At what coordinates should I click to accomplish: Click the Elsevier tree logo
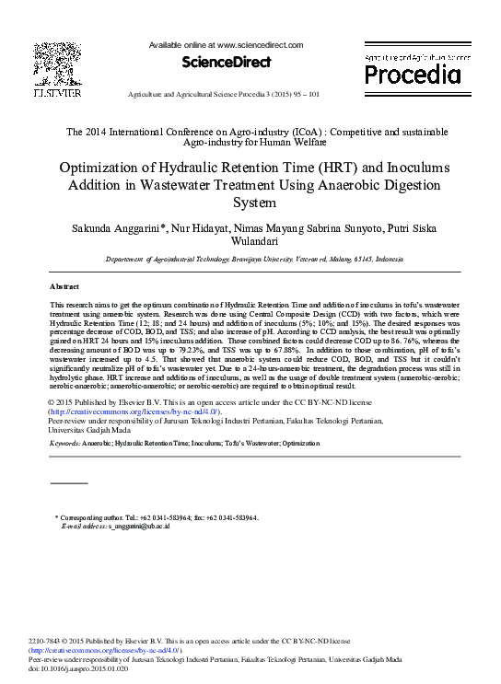(x=57, y=64)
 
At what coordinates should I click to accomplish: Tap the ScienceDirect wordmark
(x=226, y=62)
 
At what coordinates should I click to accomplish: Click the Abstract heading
(x=64, y=286)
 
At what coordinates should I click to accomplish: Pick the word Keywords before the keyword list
(x=64, y=444)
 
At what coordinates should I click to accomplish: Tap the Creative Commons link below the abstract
(x=134, y=412)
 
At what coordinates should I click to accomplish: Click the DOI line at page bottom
(x=78, y=669)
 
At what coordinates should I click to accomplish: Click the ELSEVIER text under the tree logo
(x=57, y=93)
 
